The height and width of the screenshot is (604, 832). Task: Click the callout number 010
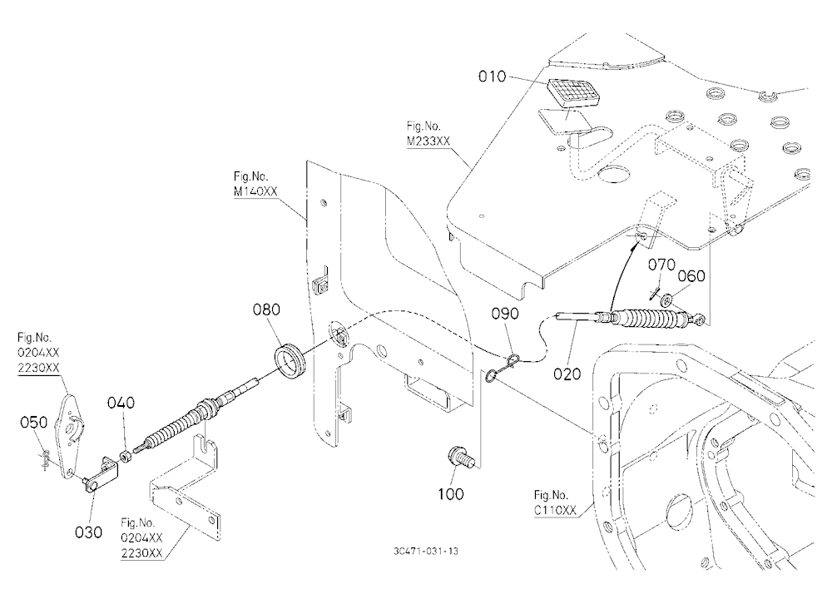coord(492,77)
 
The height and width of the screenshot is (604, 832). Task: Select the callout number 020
coord(567,374)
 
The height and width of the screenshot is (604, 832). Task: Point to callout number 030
coord(88,532)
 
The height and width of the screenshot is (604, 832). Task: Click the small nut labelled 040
coord(126,456)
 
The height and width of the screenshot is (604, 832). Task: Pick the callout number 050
coord(33,423)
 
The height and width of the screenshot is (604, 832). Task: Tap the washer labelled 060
coord(666,301)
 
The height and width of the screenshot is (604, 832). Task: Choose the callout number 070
coord(661,265)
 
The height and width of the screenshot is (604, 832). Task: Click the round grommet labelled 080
coord(290,362)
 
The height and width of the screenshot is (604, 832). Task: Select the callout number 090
coord(505,314)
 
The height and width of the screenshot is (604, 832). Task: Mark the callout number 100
coord(450,494)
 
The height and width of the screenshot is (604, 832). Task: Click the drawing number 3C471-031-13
coord(425,551)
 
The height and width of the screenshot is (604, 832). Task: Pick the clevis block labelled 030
coord(102,473)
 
